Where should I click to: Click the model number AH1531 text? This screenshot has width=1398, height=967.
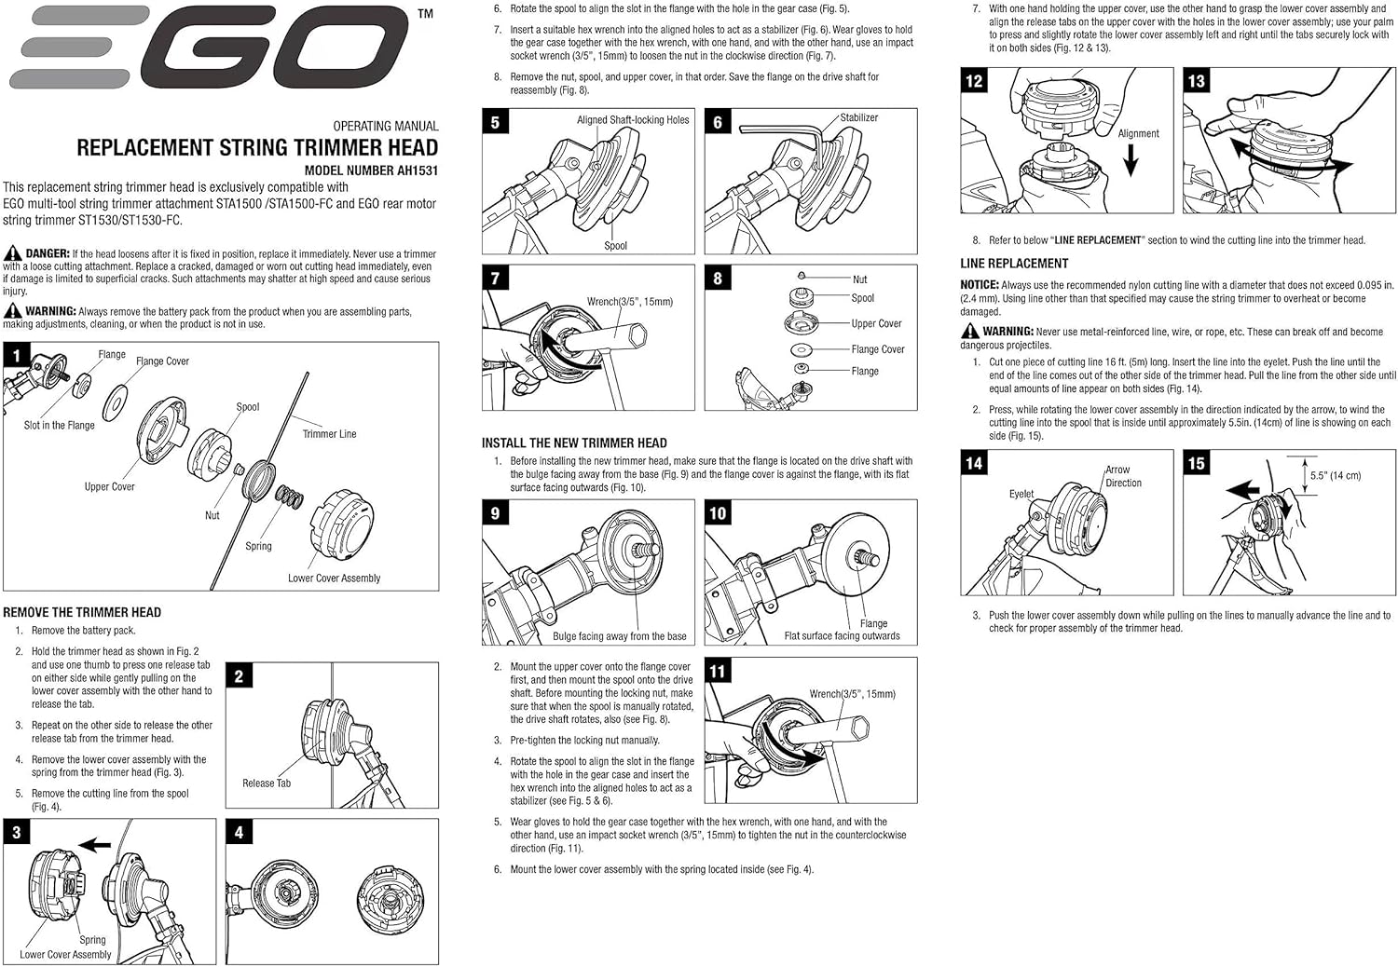371,170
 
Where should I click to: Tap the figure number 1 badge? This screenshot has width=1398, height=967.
17,355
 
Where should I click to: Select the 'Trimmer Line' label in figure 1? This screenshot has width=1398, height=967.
329,434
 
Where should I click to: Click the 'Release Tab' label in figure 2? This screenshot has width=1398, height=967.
267,783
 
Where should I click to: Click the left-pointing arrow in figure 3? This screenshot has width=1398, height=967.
94,845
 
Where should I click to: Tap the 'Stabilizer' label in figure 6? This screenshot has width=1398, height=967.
858,118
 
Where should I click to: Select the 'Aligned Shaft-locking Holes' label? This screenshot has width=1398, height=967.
633,120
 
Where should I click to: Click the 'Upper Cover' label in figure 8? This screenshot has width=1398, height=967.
876,324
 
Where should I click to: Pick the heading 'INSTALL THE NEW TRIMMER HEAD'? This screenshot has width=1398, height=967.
574,443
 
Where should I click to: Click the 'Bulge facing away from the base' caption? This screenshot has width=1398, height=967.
619,636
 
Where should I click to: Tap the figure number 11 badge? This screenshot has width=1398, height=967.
718,672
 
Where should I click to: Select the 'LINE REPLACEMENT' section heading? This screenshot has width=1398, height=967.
1014,264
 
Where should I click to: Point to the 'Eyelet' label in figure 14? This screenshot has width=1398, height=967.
1021,494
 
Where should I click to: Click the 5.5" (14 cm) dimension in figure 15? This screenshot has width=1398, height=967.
1335,476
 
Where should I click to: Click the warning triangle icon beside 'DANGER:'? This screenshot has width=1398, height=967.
13,253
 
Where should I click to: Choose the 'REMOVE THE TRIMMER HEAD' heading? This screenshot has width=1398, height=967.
82,612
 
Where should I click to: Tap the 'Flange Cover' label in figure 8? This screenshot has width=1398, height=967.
878,349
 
